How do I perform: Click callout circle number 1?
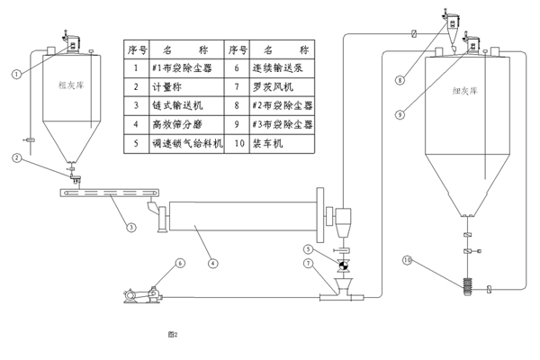pos(16,75)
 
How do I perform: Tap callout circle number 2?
pos(17,159)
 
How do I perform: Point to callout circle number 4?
pos(212,264)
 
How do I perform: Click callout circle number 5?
pos(308,248)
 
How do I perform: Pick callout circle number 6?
pos(179,264)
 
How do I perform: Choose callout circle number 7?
pos(308,264)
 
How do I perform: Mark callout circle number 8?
pos(400,80)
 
